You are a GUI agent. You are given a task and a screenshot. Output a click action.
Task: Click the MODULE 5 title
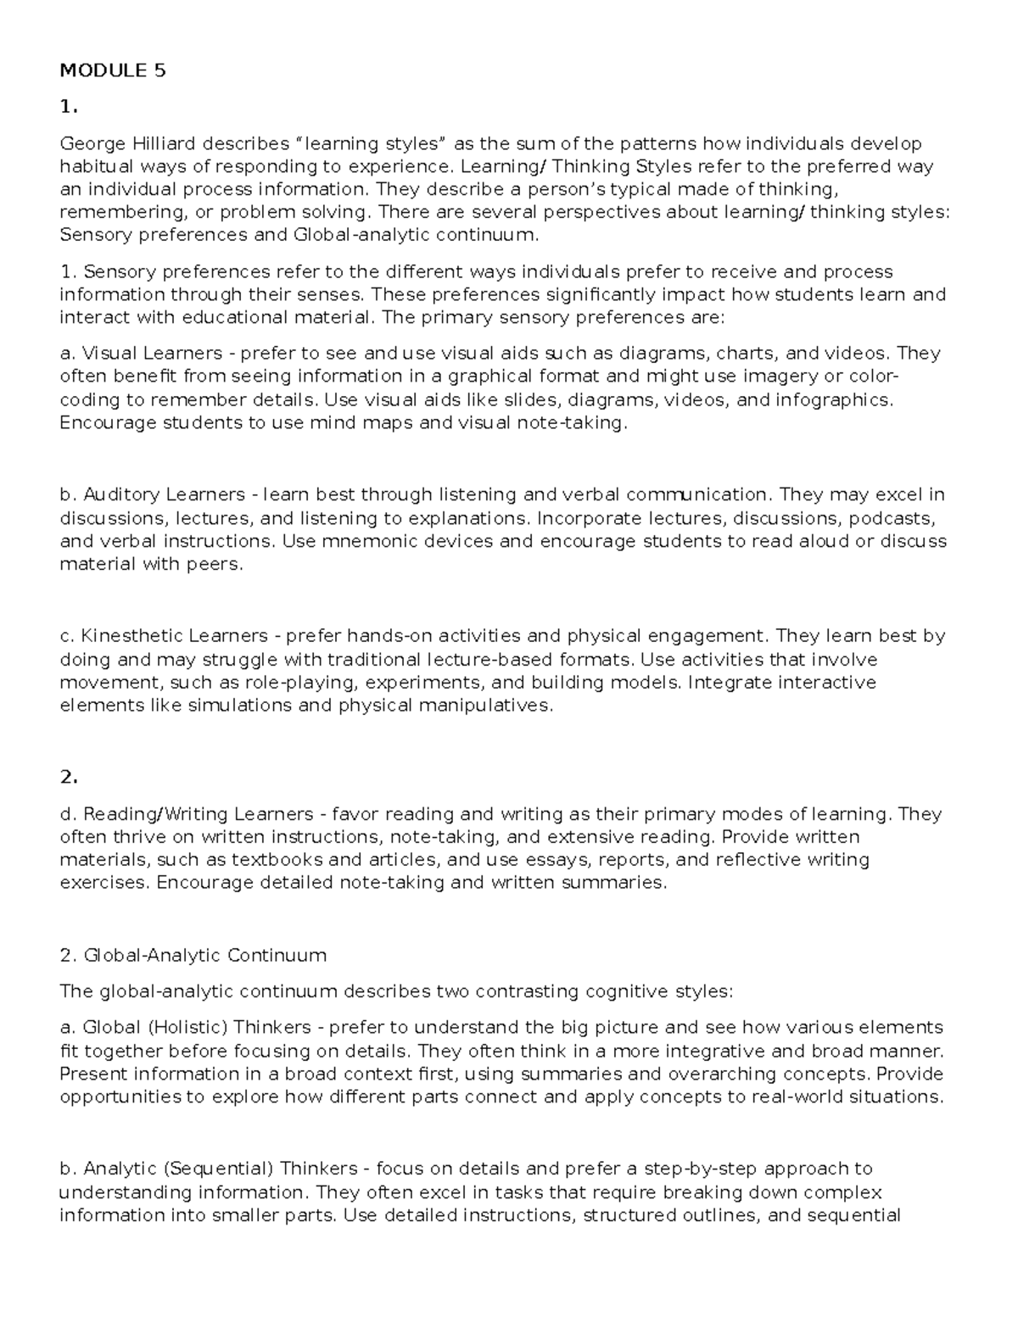coord(112,71)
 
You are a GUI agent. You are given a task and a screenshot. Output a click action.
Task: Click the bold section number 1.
coord(69,107)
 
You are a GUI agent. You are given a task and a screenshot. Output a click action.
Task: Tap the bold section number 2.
coord(69,777)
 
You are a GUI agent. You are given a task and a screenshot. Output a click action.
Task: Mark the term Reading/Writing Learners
coord(199,814)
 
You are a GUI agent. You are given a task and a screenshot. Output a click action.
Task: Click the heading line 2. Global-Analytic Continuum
coord(193,955)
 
